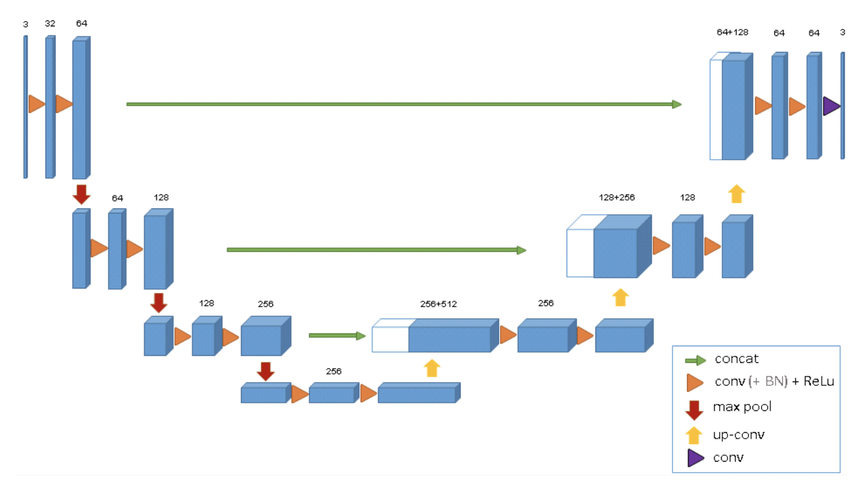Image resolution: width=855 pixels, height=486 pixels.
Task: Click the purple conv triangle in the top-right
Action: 831,106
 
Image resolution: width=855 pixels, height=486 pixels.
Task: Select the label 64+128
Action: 732,32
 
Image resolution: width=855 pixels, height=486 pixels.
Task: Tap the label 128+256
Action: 617,197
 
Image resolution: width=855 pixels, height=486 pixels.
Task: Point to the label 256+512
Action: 438,303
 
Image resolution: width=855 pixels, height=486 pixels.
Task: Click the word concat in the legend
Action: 736,359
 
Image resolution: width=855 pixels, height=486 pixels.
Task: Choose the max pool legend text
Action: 742,407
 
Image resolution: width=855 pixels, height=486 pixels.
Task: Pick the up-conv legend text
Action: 738,435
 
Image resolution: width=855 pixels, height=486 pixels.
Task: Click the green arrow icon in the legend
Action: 695,360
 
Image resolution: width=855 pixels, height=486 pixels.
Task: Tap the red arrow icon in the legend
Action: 694,409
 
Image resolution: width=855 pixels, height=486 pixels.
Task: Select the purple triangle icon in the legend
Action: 695,458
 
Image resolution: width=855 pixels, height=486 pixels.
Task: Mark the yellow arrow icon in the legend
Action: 694,435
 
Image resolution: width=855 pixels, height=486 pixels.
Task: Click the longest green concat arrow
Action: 404,104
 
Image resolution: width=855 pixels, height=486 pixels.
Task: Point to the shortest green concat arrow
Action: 336,335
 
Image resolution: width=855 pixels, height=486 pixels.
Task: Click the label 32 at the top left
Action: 50,24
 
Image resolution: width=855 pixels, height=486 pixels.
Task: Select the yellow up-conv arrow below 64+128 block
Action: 736,194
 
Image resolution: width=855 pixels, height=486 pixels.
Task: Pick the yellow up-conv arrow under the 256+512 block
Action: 433,368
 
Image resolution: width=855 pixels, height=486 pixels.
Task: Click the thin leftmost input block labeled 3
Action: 26,106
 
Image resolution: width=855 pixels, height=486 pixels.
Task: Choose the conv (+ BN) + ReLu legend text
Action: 774,381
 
